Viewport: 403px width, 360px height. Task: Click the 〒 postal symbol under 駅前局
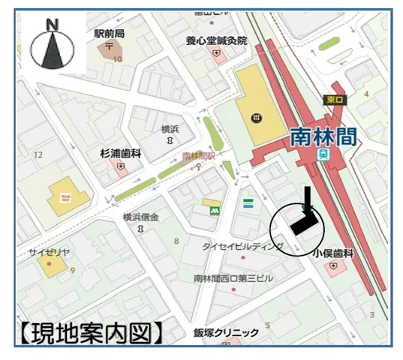click(110, 46)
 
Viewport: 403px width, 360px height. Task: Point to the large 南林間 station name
click(323, 135)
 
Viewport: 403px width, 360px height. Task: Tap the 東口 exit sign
click(335, 99)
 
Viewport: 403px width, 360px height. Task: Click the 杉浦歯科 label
click(121, 153)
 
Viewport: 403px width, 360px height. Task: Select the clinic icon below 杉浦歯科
click(120, 166)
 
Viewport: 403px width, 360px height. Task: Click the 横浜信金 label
click(141, 217)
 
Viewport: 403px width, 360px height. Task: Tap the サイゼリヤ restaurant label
click(50, 252)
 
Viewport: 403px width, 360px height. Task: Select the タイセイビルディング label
click(242, 247)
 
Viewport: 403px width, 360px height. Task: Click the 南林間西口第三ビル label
click(233, 278)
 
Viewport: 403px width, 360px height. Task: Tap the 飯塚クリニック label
click(226, 332)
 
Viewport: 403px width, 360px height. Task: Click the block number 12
click(38, 154)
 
